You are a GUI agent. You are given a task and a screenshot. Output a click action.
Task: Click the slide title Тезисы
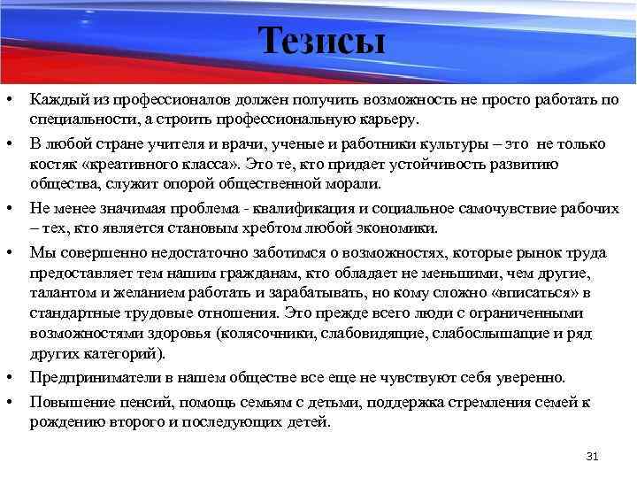click(322, 41)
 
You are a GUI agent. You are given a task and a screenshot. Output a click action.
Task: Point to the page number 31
click(593, 457)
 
